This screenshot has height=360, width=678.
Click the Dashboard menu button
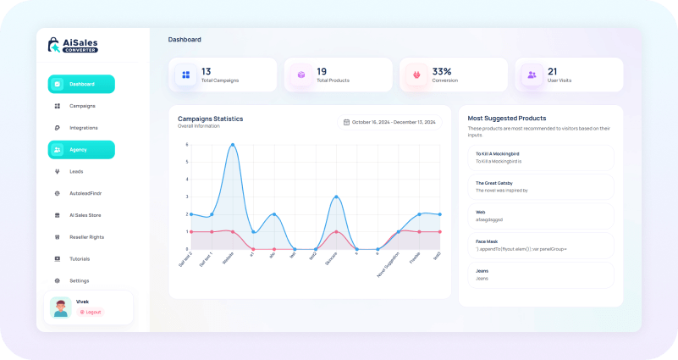(81, 84)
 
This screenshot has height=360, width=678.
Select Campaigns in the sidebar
(82, 106)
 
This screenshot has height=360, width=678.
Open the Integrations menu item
(83, 128)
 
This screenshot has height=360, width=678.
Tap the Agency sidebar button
(81, 150)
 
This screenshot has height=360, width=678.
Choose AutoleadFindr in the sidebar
(85, 193)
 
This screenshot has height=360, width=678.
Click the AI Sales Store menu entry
(85, 215)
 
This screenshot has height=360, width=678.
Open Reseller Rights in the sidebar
(85, 237)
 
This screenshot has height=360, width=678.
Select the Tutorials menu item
(80, 259)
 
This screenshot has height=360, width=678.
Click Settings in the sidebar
(79, 280)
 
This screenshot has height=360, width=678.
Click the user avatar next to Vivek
(60, 307)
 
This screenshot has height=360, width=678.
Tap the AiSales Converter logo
(74, 45)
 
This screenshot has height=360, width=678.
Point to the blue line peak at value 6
(232, 145)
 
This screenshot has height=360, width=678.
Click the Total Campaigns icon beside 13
(185, 75)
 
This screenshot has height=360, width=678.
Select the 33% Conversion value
(442, 72)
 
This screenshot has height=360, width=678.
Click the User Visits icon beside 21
(532, 75)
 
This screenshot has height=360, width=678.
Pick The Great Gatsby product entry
(541, 186)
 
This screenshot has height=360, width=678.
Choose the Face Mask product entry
(541, 245)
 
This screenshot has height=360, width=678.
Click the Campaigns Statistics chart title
(210, 119)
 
